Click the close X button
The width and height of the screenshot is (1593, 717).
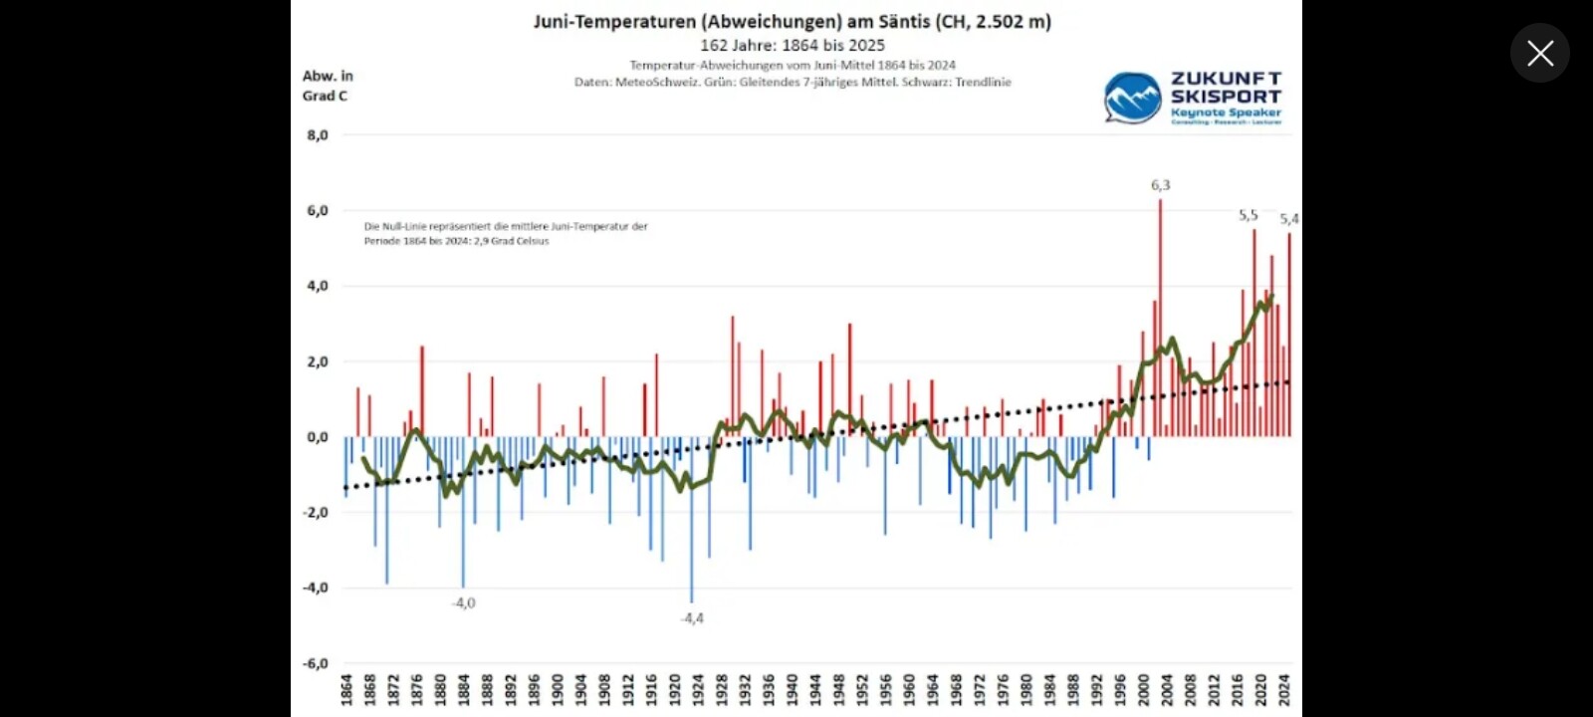click(1539, 53)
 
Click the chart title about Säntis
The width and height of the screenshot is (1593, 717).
click(792, 21)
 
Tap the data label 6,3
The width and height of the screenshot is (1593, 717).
click(1160, 185)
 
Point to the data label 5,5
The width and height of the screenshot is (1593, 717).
click(1248, 215)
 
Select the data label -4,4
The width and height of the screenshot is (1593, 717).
click(692, 618)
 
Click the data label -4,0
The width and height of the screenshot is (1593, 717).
click(464, 603)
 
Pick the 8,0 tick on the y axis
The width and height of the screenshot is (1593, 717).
click(317, 135)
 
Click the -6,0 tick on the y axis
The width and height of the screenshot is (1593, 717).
click(316, 663)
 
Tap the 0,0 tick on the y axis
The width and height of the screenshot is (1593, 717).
click(317, 437)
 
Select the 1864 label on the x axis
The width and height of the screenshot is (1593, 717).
click(346, 689)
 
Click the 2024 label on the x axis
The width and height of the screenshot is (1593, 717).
click(1284, 689)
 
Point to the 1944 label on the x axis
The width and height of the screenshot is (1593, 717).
click(815, 689)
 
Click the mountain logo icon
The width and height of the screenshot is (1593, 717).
click(1132, 98)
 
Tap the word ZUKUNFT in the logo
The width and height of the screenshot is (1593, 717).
click(1226, 79)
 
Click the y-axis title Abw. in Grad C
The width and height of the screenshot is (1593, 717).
click(328, 86)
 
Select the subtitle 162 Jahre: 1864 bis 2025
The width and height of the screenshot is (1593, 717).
click(792, 45)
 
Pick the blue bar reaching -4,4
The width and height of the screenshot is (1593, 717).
click(692, 518)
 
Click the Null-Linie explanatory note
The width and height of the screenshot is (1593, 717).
click(506, 233)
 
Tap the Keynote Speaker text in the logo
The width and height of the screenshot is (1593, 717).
click(1226, 113)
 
